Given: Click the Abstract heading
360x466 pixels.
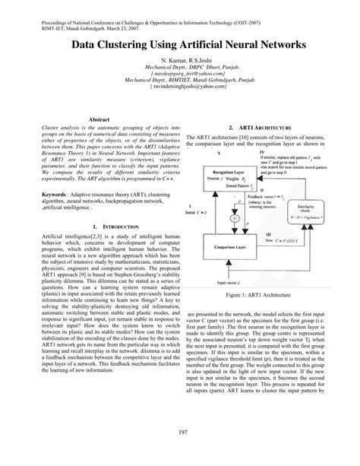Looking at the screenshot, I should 102,121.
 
